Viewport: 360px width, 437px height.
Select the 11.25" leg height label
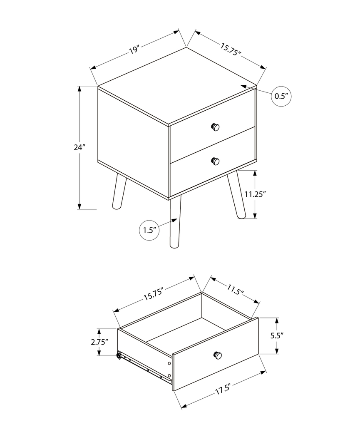click(255, 194)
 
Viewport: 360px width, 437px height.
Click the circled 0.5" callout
click(282, 96)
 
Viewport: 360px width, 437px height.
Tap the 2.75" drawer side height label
click(99, 342)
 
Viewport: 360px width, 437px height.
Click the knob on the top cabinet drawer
click(215, 127)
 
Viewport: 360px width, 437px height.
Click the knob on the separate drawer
click(218, 355)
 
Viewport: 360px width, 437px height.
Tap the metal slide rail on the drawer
click(146, 367)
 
